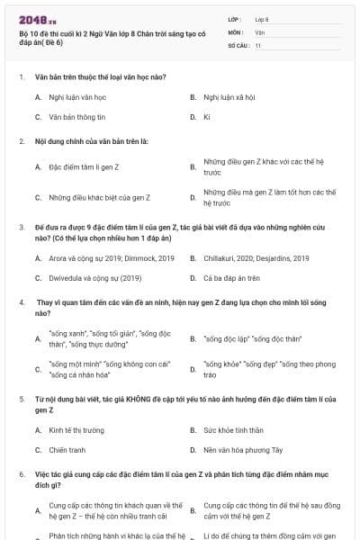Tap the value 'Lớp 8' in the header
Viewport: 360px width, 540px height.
262,18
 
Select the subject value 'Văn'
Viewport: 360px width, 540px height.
259,31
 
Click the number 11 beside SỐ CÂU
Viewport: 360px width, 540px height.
258,44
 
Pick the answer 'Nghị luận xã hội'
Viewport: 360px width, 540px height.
230,96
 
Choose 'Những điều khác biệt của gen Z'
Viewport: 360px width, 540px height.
99,197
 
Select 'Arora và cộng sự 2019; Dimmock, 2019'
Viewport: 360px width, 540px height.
111,258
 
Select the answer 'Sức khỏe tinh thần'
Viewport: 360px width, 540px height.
233,430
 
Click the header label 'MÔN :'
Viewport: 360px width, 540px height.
236,31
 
